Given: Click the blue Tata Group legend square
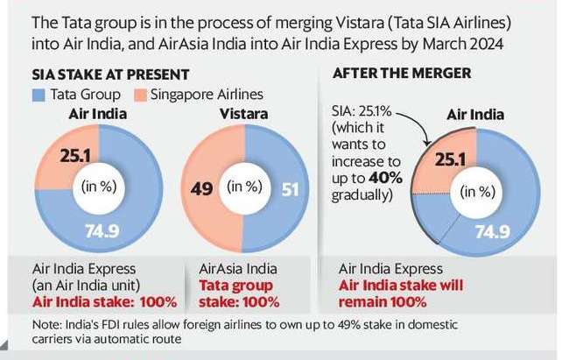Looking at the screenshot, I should pos(38,94).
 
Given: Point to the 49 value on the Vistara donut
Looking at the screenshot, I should pos(201,188).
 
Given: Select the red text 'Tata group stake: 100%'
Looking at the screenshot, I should pos(235,293).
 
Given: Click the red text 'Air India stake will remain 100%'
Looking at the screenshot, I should pos(390,293).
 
